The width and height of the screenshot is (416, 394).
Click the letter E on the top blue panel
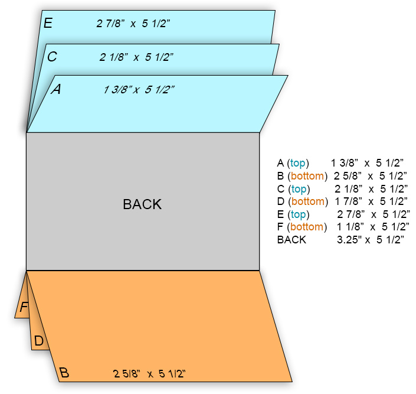coord(48,23)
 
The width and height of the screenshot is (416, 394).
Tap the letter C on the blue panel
coord(52,57)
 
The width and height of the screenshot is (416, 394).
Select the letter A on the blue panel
coord(57,89)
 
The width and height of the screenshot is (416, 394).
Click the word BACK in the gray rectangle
coord(142,204)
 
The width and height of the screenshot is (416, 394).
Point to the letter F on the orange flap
coord(24,307)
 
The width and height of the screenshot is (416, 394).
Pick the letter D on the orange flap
coord(39,341)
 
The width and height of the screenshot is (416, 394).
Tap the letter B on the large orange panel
coord(64,373)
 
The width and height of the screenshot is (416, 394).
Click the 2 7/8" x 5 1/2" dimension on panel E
coord(133,24)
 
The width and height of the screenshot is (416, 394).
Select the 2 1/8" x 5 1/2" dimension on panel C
coord(136,57)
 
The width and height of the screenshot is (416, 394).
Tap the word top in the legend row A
coord(299,163)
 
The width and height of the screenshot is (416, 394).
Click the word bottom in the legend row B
coord(307,176)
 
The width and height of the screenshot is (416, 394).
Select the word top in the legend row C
coord(299,189)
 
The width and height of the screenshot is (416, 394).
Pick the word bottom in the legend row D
coord(307,201)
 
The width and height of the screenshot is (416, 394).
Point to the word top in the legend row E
coord(299,214)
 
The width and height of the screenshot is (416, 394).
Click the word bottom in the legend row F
coord(307,227)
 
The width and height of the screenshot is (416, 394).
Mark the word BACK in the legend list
coord(291,240)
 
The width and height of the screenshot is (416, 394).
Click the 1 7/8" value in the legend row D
coord(348,201)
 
